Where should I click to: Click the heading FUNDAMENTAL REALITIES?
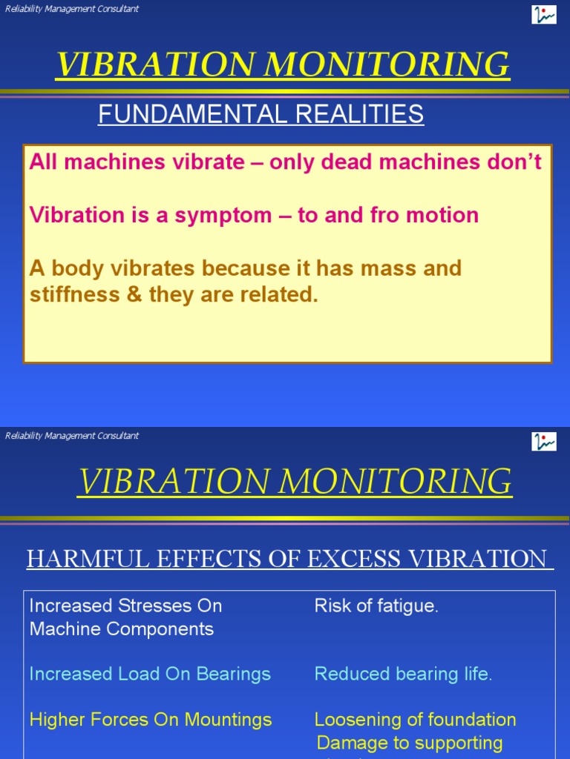[x=261, y=114]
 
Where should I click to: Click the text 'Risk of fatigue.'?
[x=376, y=606]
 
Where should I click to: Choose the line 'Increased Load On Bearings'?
[x=150, y=674]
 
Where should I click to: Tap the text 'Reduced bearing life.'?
[x=403, y=674]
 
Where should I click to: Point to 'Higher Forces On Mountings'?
[x=151, y=720]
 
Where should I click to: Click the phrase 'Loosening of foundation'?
[x=415, y=720]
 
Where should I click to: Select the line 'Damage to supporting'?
[x=409, y=743]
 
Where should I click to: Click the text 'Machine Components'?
[x=122, y=629]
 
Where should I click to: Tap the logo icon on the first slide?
[x=543, y=14]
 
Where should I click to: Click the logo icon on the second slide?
[x=543, y=441]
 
